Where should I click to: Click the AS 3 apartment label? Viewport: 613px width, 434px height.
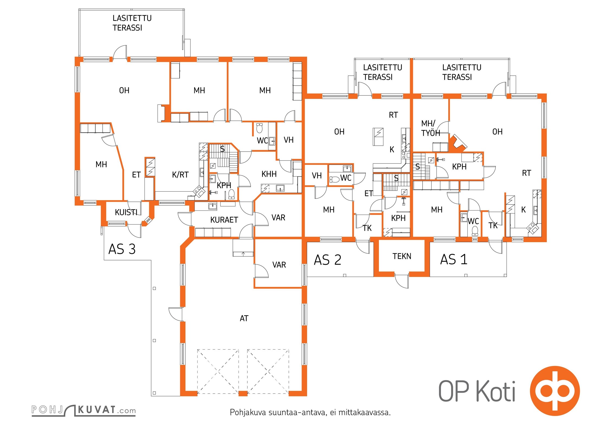click(x=122, y=249)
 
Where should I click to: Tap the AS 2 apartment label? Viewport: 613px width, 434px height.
click(x=327, y=260)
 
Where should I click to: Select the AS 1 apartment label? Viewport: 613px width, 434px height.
click(x=454, y=259)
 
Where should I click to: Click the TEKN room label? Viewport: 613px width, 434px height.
click(x=402, y=256)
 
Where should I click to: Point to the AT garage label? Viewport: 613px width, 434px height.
click(x=244, y=318)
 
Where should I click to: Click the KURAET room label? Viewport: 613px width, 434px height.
click(x=224, y=220)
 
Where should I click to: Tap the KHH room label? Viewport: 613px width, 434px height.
click(x=269, y=174)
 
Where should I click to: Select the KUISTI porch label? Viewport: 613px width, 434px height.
click(x=126, y=212)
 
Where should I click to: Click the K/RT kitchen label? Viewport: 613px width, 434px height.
click(x=180, y=175)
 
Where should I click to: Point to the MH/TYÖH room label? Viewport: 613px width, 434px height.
click(x=430, y=128)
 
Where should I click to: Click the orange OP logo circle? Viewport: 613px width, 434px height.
click(x=555, y=391)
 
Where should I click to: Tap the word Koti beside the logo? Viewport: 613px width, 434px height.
click(x=496, y=392)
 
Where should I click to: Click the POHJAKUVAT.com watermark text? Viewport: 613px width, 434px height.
click(x=83, y=410)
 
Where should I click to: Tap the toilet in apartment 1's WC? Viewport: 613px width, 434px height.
click(x=475, y=231)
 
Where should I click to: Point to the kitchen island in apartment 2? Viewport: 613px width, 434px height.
click(x=379, y=136)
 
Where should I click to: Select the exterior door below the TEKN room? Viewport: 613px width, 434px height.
click(x=402, y=281)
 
